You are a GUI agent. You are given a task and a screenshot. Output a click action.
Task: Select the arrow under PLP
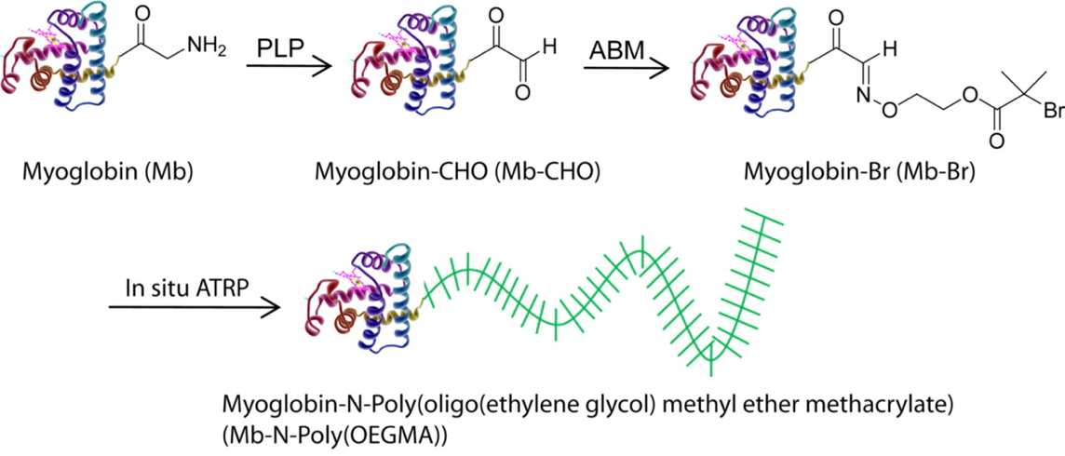(x=288, y=67)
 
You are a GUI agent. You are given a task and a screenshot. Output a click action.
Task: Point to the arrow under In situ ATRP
(x=194, y=309)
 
